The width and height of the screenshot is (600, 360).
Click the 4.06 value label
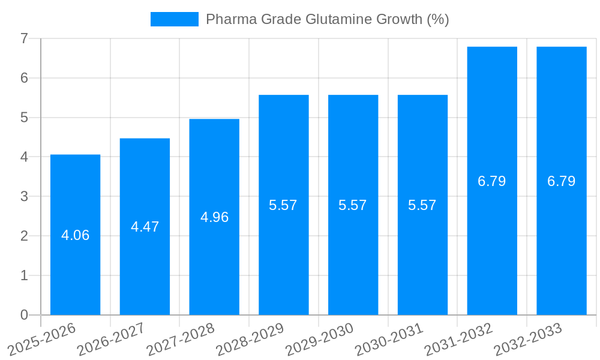tap(75, 235)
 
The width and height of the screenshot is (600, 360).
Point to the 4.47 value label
tap(145, 227)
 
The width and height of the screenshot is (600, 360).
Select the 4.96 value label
tap(214, 217)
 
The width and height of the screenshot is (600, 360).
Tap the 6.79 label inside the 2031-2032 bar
tap(491, 181)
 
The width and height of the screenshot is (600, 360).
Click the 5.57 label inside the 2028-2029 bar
tap(283, 205)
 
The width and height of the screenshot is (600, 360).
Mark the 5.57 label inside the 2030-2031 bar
tap(422, 205)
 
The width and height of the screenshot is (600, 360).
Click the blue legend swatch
tap(174, 19)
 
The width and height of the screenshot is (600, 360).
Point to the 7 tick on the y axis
tap(24, 38)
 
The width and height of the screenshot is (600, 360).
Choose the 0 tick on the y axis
tap(24, 315)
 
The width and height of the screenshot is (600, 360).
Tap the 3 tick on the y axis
tap(24, 196)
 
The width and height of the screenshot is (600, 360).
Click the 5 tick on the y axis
tap(24, 118)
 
